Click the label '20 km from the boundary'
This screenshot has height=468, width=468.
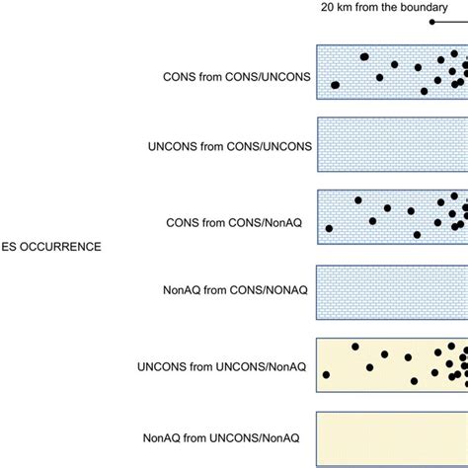tap(393, 8)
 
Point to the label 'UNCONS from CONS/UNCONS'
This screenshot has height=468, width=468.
tap(229, 146)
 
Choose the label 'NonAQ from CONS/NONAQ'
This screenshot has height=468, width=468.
tap(236, 291)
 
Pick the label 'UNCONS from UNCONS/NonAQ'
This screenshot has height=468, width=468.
tap(225, 364)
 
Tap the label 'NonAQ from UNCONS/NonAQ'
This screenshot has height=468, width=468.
tap(233, 437)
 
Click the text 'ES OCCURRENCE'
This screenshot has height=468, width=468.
tap(50, 247)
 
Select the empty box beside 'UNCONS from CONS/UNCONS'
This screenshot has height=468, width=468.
tap(392, 145)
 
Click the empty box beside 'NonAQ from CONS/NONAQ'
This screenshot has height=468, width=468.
tap(392, 291)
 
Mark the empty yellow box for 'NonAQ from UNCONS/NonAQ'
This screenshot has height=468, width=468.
tap(392, 437)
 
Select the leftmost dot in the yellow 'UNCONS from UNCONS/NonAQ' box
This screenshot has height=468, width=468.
tap(326, 374)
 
